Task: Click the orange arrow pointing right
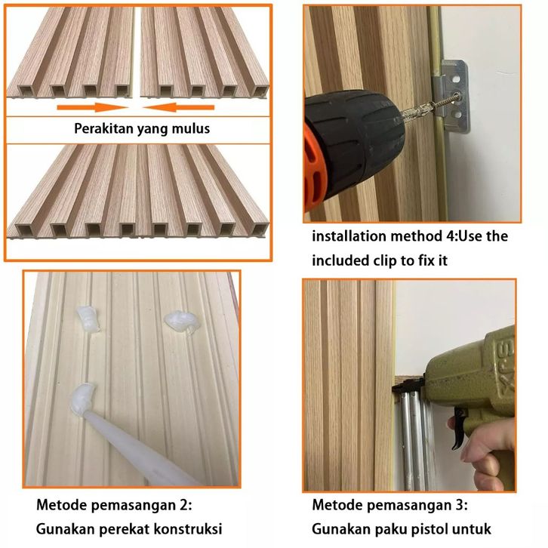tap(92, 107)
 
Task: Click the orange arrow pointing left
tap(179, 107)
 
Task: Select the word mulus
tap(191, 128)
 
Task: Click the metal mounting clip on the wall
tap(451, 96)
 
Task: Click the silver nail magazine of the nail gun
tap(415, 440)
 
